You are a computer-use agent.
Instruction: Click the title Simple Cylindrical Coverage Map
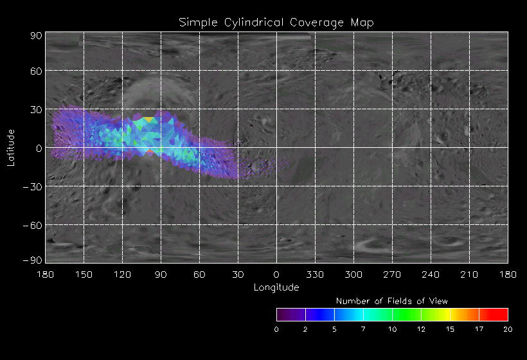[x=276, y=22]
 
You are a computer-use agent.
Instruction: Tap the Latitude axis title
[x=11, y=148]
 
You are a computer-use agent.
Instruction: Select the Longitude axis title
[x=276, y=287]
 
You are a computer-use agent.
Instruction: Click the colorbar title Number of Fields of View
[x=392, y=301]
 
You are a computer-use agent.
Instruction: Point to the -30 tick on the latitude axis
[x=33, y=186]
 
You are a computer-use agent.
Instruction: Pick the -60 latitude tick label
[x=33, y=225]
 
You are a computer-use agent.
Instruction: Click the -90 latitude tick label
[x=33, y=260]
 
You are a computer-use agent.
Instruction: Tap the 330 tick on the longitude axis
[x=315, y=274]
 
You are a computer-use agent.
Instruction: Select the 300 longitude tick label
[x=353, y=274]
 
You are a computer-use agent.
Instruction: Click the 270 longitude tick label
[x=392, y=274]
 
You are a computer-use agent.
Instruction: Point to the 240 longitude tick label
[x=431, y=274]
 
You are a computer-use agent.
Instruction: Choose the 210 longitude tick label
[x=469, y=274]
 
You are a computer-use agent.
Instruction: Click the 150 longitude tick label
[x=84, y=274]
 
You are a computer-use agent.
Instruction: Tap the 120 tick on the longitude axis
[x=122, y=274]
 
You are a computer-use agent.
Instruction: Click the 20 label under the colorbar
[x=508, y=329]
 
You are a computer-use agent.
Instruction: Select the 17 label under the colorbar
[x=479, y=329]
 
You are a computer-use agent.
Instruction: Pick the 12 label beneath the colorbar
[x=421, y=329]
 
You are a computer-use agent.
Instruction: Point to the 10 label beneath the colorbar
[x=392, y=329]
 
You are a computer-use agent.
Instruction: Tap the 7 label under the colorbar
[x=363, y=329]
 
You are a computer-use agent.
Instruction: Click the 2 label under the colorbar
[x=305, y=329]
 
